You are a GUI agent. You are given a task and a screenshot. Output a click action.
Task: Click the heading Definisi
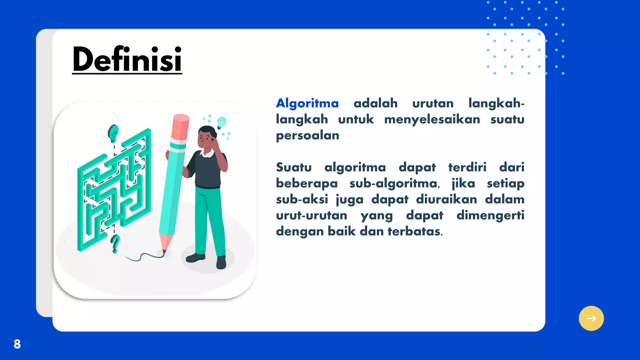click(127, 59)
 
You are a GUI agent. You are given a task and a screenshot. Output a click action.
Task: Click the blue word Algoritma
click(307, 103)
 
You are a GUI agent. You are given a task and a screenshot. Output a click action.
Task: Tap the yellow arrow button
click(591, 318)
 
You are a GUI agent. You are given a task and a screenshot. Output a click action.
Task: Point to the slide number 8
click(17, 344)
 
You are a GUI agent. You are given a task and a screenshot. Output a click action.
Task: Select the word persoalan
click(307, 136)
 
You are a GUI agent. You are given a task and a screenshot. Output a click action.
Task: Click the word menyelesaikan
click(432, 119)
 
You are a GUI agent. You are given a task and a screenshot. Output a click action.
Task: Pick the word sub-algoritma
click(394, 183)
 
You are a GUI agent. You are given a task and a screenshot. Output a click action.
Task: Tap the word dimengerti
click(490, 215)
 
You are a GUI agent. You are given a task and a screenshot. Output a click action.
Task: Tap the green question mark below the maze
click(115, 244)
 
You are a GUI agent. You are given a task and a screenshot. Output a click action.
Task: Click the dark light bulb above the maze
click(113, 133)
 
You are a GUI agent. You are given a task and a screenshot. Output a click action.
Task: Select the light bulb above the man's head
click(221, 122)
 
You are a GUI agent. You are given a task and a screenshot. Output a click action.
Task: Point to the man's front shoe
click(222, 262)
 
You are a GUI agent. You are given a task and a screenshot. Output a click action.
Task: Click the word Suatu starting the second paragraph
click(294, 167)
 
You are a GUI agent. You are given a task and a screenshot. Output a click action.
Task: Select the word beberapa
click(307, 183)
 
